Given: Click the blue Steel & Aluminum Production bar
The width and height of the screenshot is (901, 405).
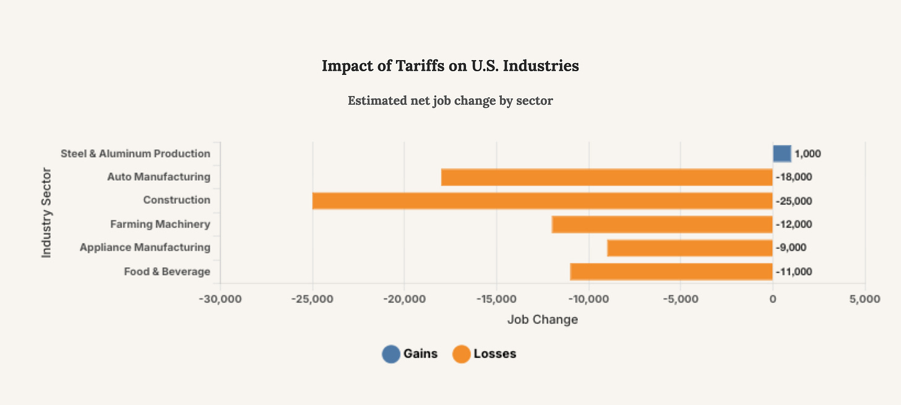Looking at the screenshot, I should [782, 154].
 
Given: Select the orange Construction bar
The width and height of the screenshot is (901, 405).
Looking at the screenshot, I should [542, 201].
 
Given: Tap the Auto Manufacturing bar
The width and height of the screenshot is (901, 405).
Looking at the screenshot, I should [606, 177].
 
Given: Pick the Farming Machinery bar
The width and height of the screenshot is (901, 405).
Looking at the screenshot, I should [662, 224].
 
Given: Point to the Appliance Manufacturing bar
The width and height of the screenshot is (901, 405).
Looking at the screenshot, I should [689, 248].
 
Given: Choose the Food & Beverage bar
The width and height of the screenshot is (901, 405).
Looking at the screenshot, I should [671, 271].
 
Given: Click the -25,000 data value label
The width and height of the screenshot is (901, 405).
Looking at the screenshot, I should [795, 201].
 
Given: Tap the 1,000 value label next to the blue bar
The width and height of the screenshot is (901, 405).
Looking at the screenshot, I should [808, 154].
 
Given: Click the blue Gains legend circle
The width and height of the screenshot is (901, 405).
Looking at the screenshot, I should [391, 354].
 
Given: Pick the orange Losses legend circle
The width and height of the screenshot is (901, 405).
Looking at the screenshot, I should [461, 354].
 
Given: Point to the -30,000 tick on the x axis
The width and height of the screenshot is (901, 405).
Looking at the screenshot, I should [220, 299].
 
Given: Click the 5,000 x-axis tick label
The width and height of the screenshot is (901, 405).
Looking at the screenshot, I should [864, 299].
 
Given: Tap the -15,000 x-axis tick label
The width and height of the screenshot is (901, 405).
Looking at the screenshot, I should [496, 299].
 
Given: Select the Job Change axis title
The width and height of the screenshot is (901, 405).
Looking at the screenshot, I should [542, 320].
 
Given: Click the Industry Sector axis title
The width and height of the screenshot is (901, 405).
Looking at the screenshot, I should [46, 212].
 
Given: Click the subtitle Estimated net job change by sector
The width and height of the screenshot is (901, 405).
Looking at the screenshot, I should [450, 100].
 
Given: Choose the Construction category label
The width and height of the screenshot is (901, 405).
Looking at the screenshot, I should [176, 200].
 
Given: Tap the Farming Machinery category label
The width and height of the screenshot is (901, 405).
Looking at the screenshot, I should [160, 224].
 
